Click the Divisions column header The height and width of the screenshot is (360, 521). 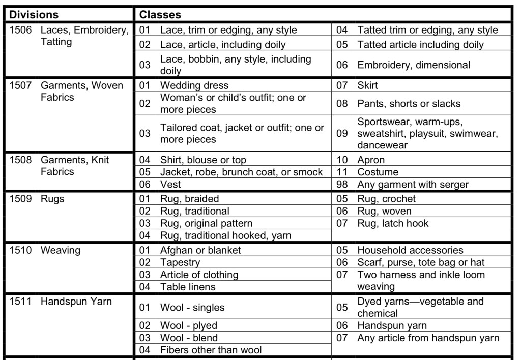coord(34,14)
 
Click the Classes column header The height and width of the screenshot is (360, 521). coord(160,14)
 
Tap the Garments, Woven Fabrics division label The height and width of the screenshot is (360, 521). coord(82,91)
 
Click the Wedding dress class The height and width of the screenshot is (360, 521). coord(194,85)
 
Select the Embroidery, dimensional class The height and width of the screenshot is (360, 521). coord(414,65)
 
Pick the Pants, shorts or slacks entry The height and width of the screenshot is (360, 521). coord(409,104)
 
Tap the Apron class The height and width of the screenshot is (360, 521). coord(371,160)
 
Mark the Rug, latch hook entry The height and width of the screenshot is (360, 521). coord(393,223)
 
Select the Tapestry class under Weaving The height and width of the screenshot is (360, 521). coord(180,262)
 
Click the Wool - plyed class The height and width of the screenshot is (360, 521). coord(188,325)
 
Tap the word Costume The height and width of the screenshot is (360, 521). coord(378,172)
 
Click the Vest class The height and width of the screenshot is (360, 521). coord(170,185)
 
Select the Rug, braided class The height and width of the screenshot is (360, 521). coord(189,199)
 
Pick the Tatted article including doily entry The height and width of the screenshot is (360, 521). coord(420,45)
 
